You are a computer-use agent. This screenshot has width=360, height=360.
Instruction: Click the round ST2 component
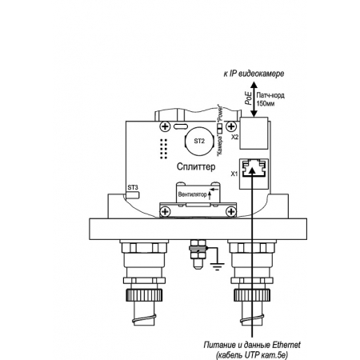click(x=199, y=141)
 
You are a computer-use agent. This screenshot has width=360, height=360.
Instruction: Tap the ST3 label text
click(x=133, y=187)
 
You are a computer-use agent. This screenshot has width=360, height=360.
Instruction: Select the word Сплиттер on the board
click(x=196, y=166)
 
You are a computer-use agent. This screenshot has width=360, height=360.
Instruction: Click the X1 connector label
click(x=234, y=174)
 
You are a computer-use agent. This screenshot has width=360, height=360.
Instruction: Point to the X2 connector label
click(x=235, y=137)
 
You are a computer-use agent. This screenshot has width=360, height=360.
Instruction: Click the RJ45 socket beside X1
click(x=254, y=174)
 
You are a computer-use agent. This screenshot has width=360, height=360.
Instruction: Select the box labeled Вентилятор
click(x=198, y=194)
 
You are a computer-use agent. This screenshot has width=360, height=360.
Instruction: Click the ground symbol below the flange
click(x=218, y=266)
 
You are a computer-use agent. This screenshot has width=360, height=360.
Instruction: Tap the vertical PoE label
click(x=249, y=98)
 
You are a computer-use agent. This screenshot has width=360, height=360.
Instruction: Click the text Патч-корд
click(x=270, y=95)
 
